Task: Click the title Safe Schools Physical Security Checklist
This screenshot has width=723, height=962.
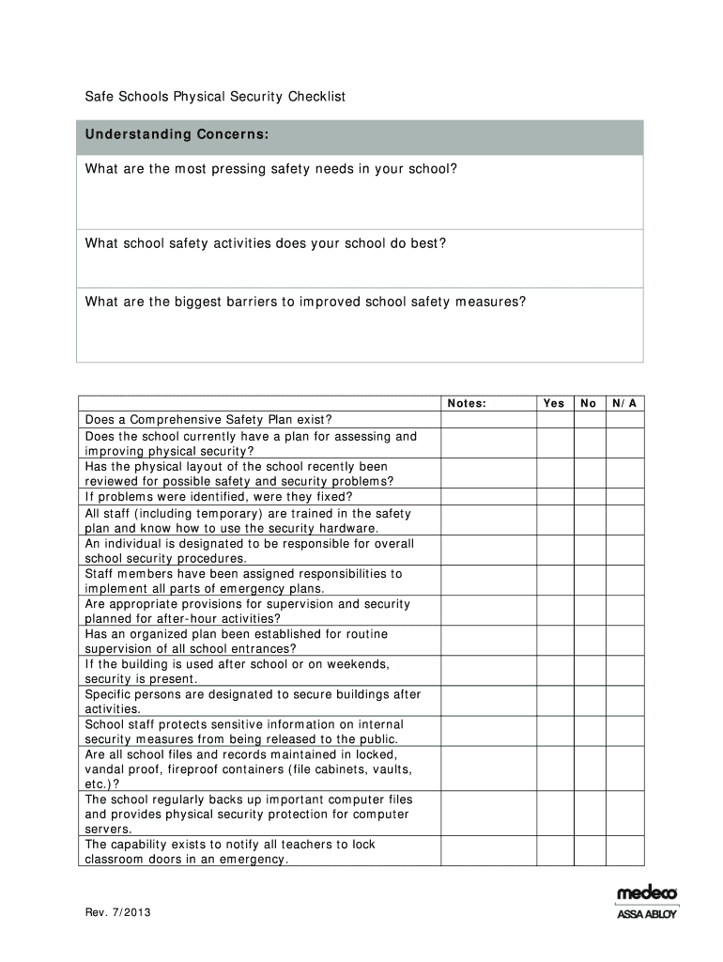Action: click(215, 97)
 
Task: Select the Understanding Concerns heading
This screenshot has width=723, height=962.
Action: click(177, 135)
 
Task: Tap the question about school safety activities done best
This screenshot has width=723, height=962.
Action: click(266, 243)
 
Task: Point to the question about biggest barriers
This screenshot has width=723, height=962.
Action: click(305, 302)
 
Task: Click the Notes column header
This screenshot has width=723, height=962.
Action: click(467, 403)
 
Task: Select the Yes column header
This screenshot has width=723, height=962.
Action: click(554, 403)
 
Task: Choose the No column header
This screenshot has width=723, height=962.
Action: click(589, 403)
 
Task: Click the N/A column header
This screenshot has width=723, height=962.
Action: click(624, 403)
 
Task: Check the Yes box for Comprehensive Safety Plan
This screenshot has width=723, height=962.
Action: click(554, 420)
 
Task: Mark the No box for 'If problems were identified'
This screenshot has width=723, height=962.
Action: click(589, 497)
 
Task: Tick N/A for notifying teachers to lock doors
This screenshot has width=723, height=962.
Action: click(624, 851)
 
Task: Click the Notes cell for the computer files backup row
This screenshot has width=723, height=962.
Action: click(487, 814)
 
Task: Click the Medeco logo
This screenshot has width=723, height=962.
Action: click(647, 893)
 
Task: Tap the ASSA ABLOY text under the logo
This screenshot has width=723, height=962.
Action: click(647, 913)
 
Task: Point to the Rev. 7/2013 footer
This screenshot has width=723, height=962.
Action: click(116, 912)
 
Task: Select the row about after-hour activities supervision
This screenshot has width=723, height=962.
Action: click(248, 611)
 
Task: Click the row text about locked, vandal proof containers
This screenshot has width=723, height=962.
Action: click(248, 768)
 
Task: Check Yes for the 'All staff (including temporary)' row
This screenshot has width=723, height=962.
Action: click(554, 520)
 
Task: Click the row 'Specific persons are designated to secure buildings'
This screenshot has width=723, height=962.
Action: click(253, 701)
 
